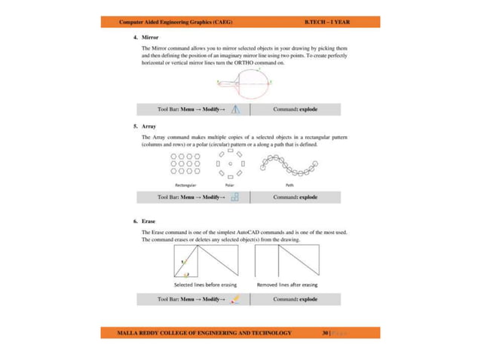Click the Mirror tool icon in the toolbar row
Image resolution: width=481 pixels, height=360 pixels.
click(236, 109)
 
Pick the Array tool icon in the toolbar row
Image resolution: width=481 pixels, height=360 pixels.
click(235, 197)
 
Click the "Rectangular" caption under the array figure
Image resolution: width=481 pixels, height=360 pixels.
click(186, 184)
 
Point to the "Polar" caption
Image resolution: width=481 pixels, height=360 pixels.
click(230, 184)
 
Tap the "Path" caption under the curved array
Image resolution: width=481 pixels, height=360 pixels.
click(290, 184)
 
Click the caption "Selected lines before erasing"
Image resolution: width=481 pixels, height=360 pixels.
click(205, 285)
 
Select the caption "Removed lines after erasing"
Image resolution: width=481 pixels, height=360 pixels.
click(287, 285)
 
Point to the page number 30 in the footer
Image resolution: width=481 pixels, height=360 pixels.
click(325, 332)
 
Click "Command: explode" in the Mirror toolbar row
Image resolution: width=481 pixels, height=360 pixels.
click(295, 109)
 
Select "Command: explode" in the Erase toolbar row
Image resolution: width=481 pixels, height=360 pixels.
click(295, 299)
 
